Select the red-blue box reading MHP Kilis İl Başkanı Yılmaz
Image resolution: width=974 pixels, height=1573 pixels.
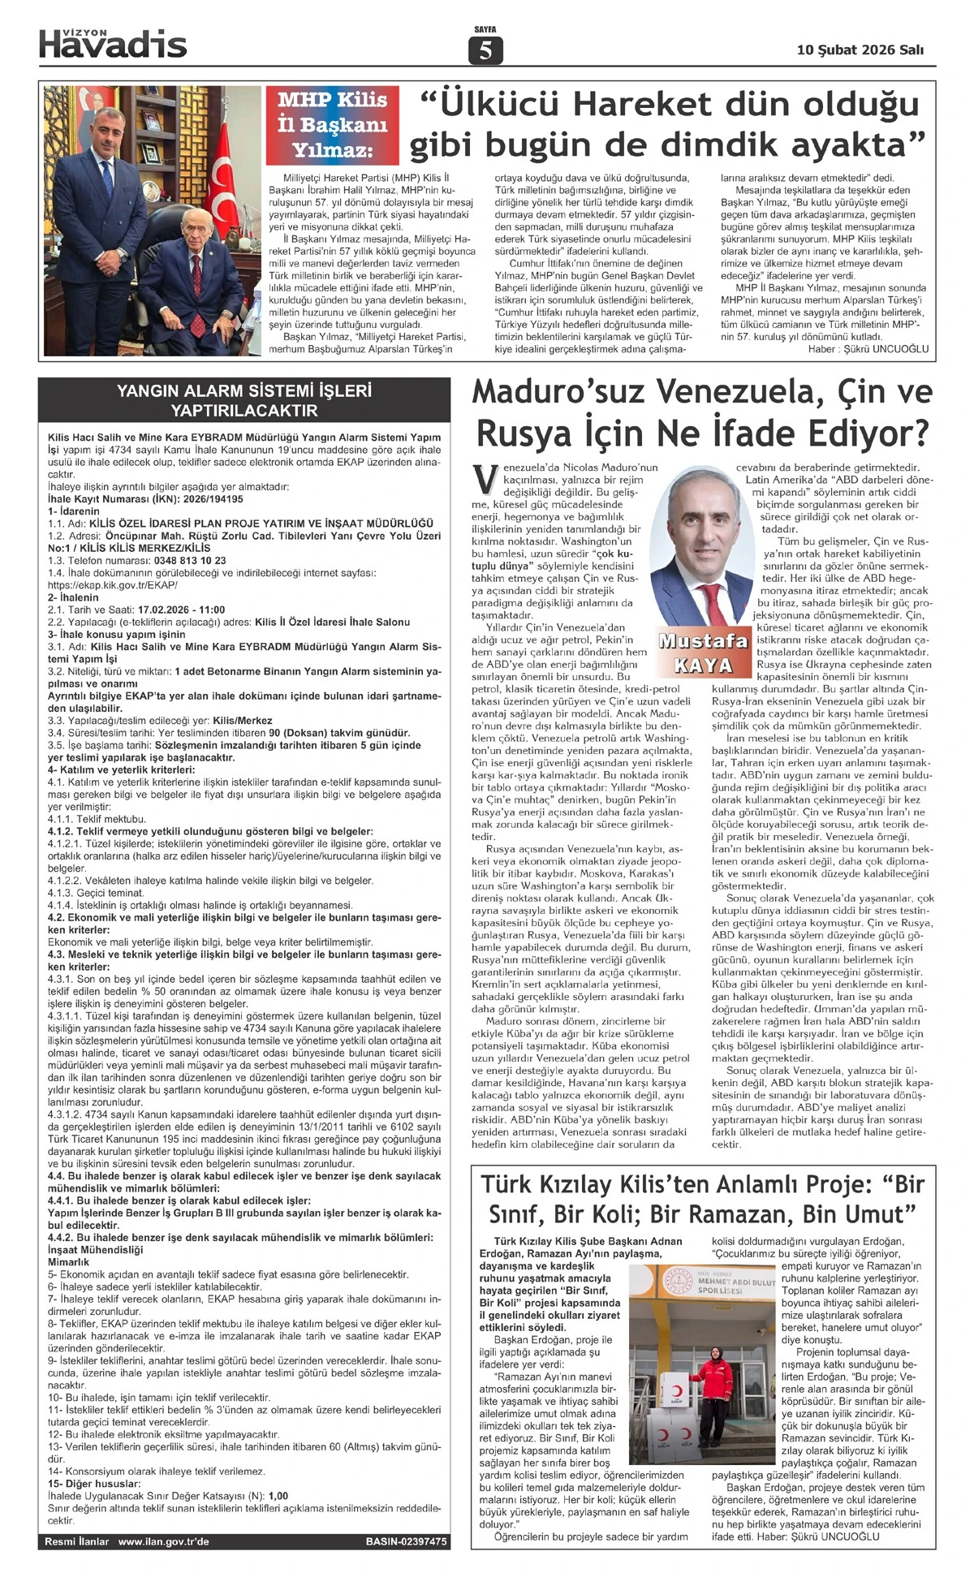tap(333, 125)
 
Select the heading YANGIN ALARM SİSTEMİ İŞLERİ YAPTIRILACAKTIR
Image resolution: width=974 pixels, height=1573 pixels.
tap(243, 400)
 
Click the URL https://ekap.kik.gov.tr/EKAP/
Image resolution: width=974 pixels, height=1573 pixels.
tap(113, 584)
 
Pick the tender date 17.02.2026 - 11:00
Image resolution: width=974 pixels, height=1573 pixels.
tap(182, 610)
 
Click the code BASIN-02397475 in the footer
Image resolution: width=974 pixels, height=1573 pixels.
tap(406, 1541)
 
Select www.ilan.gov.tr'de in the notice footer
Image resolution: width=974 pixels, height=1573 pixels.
tap(163, 1541)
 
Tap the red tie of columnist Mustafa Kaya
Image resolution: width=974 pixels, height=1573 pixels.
tap(714, 604)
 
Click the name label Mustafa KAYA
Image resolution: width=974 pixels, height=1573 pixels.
tap(703, 654)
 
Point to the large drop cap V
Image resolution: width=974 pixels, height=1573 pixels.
tap(484, 480)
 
